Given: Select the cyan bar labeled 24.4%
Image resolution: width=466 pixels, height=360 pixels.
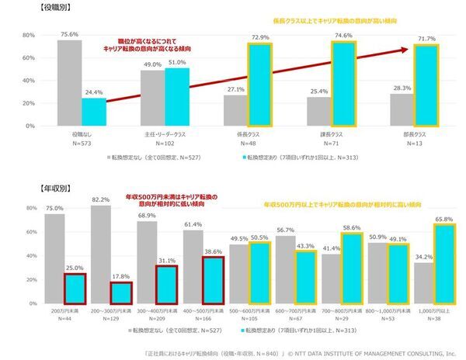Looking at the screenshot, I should (x=94, y=112).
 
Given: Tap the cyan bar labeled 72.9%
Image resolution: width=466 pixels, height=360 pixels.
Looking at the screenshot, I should (x=262, y=85).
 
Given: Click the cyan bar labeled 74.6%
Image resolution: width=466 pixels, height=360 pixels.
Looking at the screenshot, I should (x=344, y=84).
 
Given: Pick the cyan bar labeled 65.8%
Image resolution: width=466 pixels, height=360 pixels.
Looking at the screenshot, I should (x=443, y=265).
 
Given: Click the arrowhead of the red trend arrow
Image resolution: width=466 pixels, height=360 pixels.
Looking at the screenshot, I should (x=407, y=51).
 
